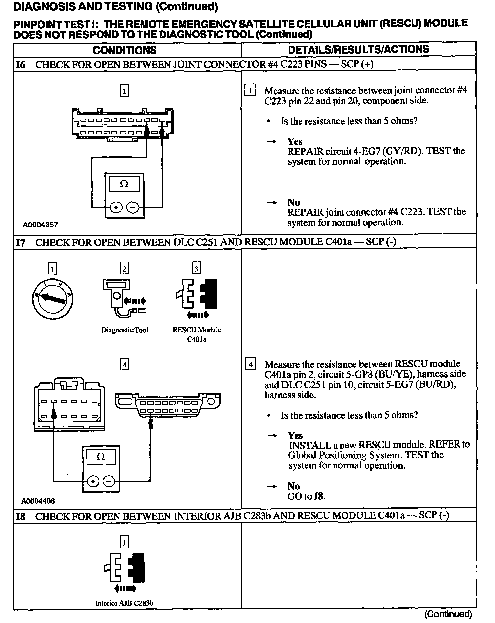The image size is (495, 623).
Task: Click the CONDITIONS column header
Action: (124, 50)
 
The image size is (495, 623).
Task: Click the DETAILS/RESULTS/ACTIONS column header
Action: (358, 49)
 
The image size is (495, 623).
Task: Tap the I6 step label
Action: (21, 65)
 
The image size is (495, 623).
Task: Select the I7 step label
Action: (21, 242)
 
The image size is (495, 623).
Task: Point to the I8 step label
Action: (21, 516)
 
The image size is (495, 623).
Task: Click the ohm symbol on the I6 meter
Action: (124, 184)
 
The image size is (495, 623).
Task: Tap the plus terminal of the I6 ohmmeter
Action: (116, 207)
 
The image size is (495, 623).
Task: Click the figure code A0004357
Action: (40, 225)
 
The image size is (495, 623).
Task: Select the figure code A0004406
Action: (38, 501)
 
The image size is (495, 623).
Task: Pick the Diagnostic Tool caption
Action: (124, 330)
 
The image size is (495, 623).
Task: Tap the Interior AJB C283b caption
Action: (124, 603)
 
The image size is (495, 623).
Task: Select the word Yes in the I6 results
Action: (295, 141)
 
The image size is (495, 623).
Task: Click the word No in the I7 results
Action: (293, 486)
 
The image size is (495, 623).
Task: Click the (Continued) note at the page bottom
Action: (448, 614)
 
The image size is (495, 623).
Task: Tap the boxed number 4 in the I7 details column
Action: (250, 365)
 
